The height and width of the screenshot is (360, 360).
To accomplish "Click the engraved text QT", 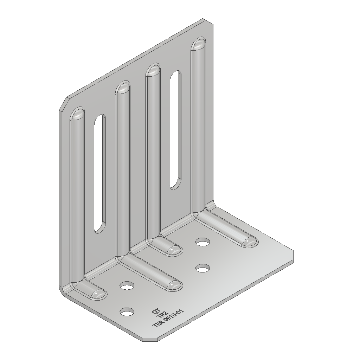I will click(x=155, y=311).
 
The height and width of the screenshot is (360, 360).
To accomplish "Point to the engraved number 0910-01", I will click(x=174, y=316).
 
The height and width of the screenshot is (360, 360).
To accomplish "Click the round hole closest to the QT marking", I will click(x=127, y=311).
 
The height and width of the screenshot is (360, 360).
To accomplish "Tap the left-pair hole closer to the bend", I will click(x=127, y=285).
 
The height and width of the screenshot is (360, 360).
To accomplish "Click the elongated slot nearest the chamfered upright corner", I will click(x=100, y=173).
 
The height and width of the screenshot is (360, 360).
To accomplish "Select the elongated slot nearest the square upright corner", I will click(x=175, y=130).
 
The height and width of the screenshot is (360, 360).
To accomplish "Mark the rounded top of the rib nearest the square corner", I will click(x=199, y=44).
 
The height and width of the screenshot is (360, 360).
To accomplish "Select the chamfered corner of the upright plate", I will click(x=63, y=104).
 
